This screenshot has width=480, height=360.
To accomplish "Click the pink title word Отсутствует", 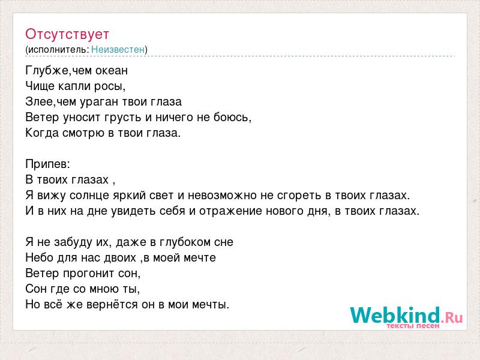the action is point(67,34).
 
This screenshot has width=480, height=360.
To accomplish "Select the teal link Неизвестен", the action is point(118,49).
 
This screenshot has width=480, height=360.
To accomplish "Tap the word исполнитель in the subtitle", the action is point(58,50).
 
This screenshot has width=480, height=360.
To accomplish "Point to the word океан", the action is point(112,71).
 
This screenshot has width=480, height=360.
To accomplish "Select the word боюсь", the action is point(232,117).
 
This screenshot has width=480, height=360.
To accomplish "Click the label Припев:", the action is point(48,164).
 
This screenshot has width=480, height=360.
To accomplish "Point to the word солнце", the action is point(89,196).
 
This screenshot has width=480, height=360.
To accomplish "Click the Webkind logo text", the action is point(395,316).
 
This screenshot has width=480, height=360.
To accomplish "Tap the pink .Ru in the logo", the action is point(452,318).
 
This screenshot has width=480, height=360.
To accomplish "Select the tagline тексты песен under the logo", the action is point(413,326).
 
